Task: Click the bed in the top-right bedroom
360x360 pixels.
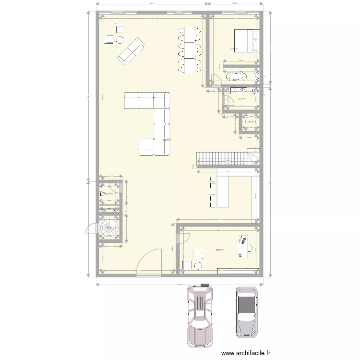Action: [x=247, y=40]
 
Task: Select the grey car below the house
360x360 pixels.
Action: [x=246, y=312]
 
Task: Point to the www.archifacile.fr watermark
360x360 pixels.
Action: [x=254, y=352]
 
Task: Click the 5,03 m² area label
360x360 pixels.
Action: [x=242, y=99]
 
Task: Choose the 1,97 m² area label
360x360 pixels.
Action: [x=250, y=121]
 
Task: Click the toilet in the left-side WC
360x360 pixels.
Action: [x=102, y=194]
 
